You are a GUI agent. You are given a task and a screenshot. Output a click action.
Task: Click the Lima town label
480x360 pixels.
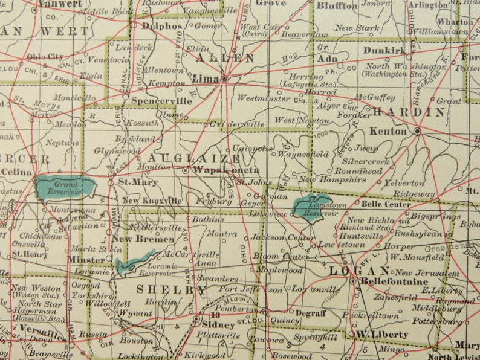point(205,79)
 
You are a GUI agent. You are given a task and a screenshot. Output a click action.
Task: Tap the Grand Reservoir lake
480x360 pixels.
point(65,186)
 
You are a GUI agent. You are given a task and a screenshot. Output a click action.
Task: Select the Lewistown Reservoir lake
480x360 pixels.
point(312,207)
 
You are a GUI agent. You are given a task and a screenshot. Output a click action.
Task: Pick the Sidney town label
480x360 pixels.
point(206,323)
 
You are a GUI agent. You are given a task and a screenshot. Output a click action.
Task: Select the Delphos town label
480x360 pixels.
point(161,26)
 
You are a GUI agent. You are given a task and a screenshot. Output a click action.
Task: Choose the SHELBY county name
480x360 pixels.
point(171,290)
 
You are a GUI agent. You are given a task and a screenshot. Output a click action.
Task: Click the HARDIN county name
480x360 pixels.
point(409,112)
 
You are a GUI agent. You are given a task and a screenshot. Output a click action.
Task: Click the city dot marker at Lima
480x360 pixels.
point(224,78)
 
